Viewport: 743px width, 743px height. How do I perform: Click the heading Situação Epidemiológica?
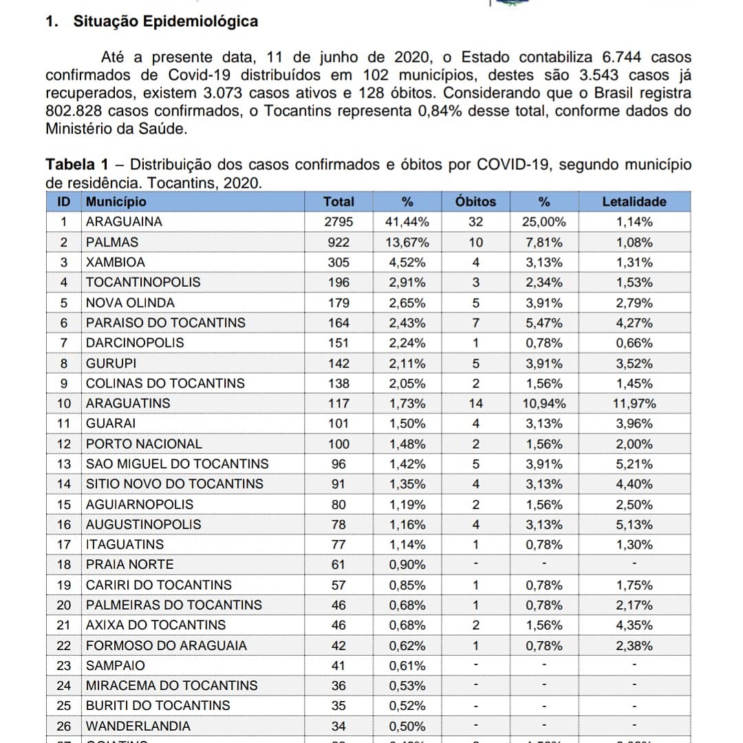point(165,21)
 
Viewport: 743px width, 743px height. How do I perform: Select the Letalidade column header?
point(634,202)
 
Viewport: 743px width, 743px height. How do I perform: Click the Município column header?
point(116,202)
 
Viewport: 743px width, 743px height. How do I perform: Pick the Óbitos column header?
point(475,202)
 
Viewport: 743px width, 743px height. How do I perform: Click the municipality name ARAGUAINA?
point(124,222)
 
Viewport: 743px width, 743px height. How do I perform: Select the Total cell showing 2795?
point(338,222)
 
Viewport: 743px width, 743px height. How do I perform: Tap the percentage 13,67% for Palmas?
point(409,242)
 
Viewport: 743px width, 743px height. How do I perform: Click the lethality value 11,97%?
point(634,404)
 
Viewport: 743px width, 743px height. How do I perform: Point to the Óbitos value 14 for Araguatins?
point(475,404)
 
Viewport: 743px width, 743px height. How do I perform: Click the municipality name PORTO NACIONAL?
point(144,444)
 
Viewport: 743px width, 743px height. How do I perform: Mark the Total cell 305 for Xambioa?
point(338,262)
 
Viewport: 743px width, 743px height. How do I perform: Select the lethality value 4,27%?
point(634,323)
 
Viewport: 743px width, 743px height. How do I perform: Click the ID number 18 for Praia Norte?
point(64,565)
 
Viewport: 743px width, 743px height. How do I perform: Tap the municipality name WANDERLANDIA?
point(138,726)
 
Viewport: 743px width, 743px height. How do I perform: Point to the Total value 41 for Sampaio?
point(338,665)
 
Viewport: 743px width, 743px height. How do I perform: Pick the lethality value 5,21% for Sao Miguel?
point(634,464)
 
